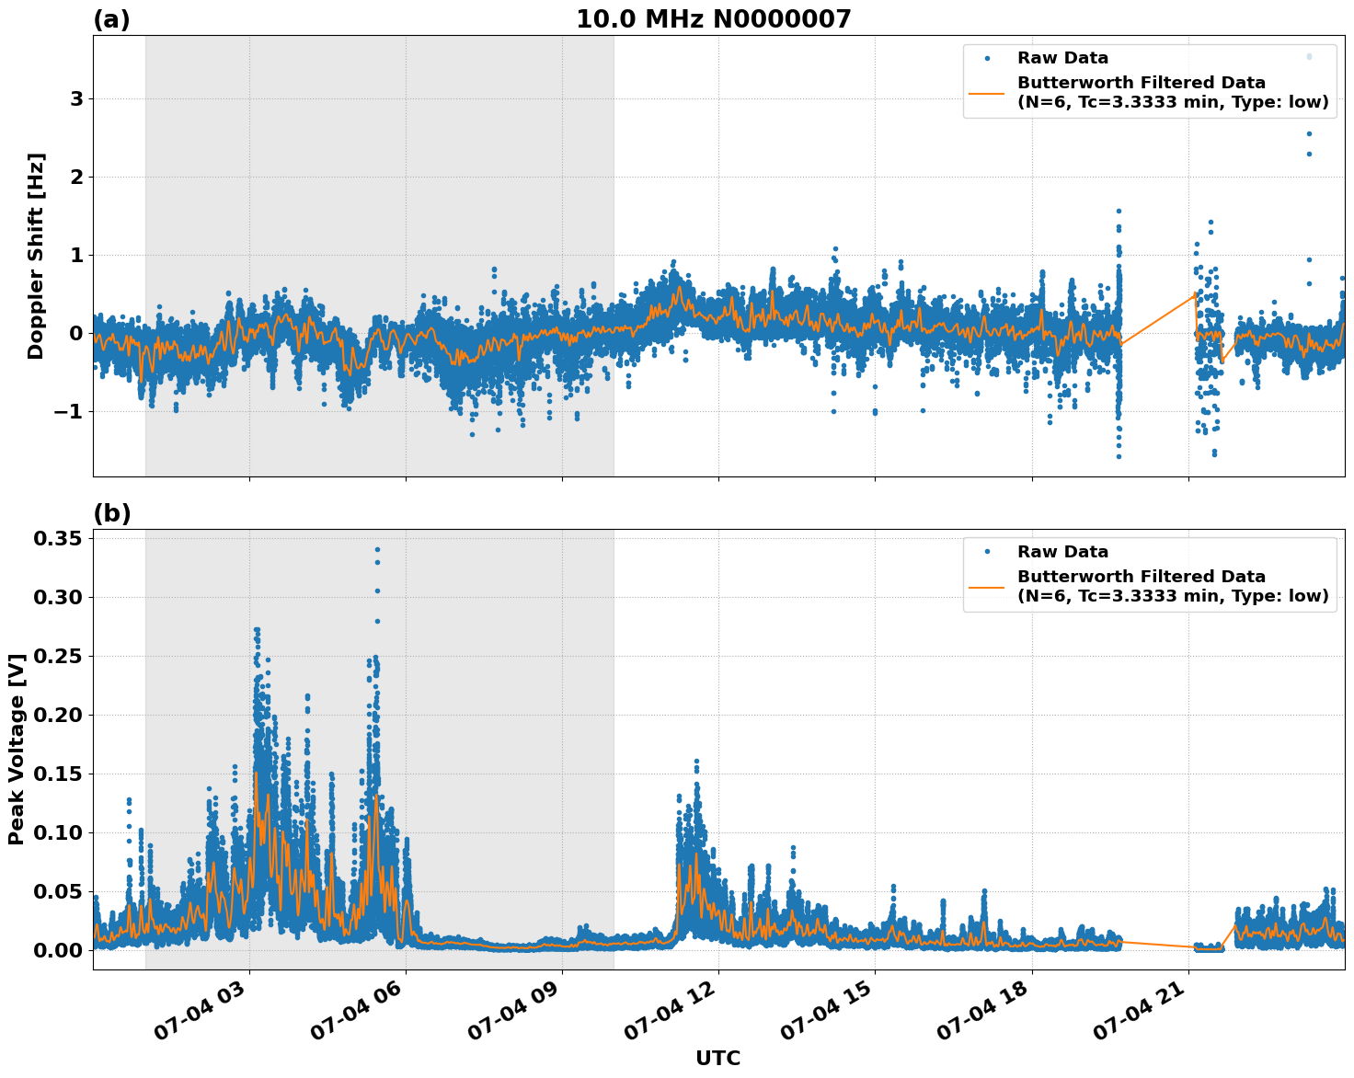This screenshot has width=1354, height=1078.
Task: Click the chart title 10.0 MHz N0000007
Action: coord(714,19)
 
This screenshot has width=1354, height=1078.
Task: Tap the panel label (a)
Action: coord(111,20)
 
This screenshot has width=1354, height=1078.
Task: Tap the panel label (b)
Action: coord(112,513)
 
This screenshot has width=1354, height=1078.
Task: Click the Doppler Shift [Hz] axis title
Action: coord(36,256)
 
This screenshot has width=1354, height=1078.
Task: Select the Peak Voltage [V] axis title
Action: coord(16,749)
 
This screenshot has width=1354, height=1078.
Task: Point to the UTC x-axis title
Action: coord(717,1058)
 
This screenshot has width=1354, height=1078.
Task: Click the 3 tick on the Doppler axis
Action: coord(76,99)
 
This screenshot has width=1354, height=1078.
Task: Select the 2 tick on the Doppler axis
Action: coord(76,177)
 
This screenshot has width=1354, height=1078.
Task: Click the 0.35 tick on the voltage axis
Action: coord(57,538)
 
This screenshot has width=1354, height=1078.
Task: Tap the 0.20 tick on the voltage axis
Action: coord(57,715)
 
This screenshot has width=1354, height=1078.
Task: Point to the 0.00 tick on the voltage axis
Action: coord(57,950)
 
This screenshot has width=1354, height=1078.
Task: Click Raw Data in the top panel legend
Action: coord(1062,59)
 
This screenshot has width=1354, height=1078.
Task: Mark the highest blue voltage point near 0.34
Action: coord(377,550)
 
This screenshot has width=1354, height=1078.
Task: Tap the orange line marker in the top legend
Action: coord(987,93)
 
